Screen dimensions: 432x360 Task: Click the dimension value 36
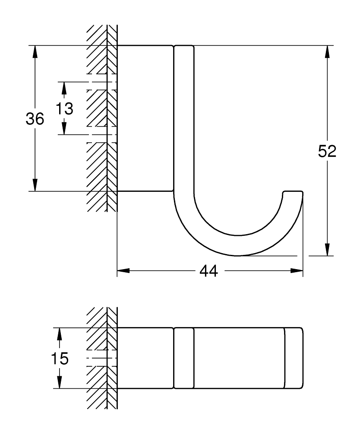[35, 118]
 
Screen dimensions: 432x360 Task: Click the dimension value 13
[64, 108]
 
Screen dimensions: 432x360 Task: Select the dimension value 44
[209, 271]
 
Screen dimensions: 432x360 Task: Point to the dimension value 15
[59, 358]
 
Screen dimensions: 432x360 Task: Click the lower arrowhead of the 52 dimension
[328, 250]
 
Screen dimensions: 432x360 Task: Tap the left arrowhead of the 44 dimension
[123, 271]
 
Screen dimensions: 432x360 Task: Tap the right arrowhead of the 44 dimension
[297, 271]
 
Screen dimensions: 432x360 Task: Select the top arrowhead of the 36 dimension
[35, 51]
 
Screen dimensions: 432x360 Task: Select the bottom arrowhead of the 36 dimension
[35, 185]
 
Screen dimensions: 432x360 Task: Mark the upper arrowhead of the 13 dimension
[64, 88]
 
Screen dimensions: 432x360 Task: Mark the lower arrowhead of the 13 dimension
[64, 129]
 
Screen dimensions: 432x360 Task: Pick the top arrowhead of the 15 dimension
[59, 334]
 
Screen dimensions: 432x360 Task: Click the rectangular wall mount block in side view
[145, 118]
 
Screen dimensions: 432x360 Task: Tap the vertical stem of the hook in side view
[184, 117]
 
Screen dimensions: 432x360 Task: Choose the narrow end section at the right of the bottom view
[294, 358]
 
